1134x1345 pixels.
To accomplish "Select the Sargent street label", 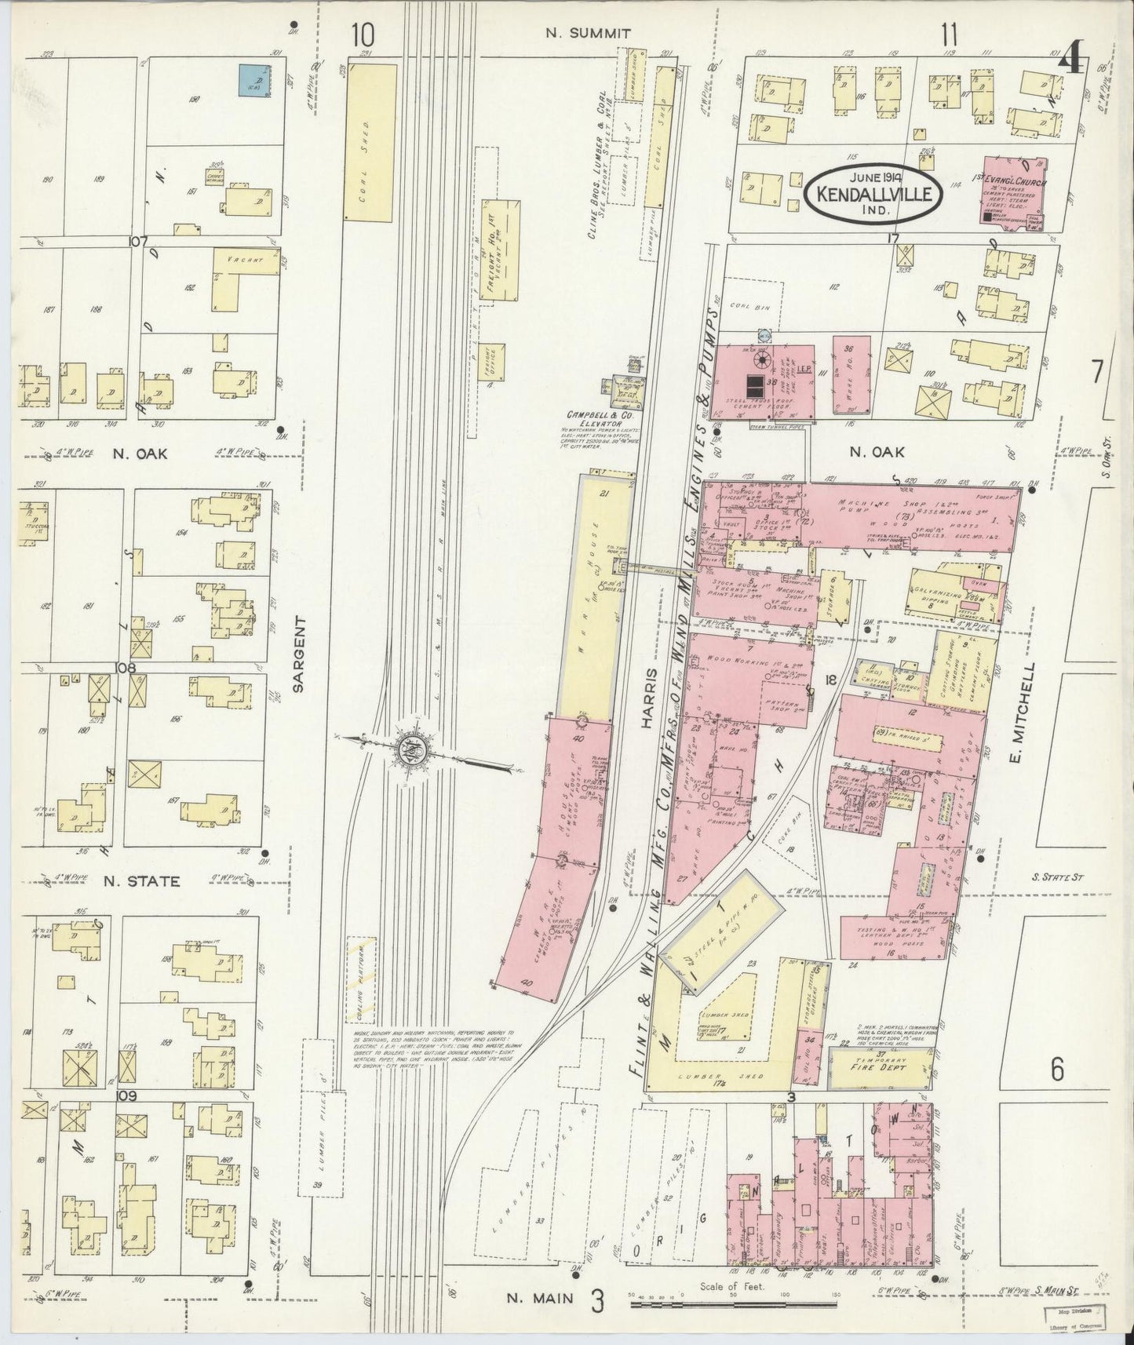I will coord(298,663).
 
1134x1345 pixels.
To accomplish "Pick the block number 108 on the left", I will coord(126,669).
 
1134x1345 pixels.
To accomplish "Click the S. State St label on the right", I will coord(1056,877).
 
